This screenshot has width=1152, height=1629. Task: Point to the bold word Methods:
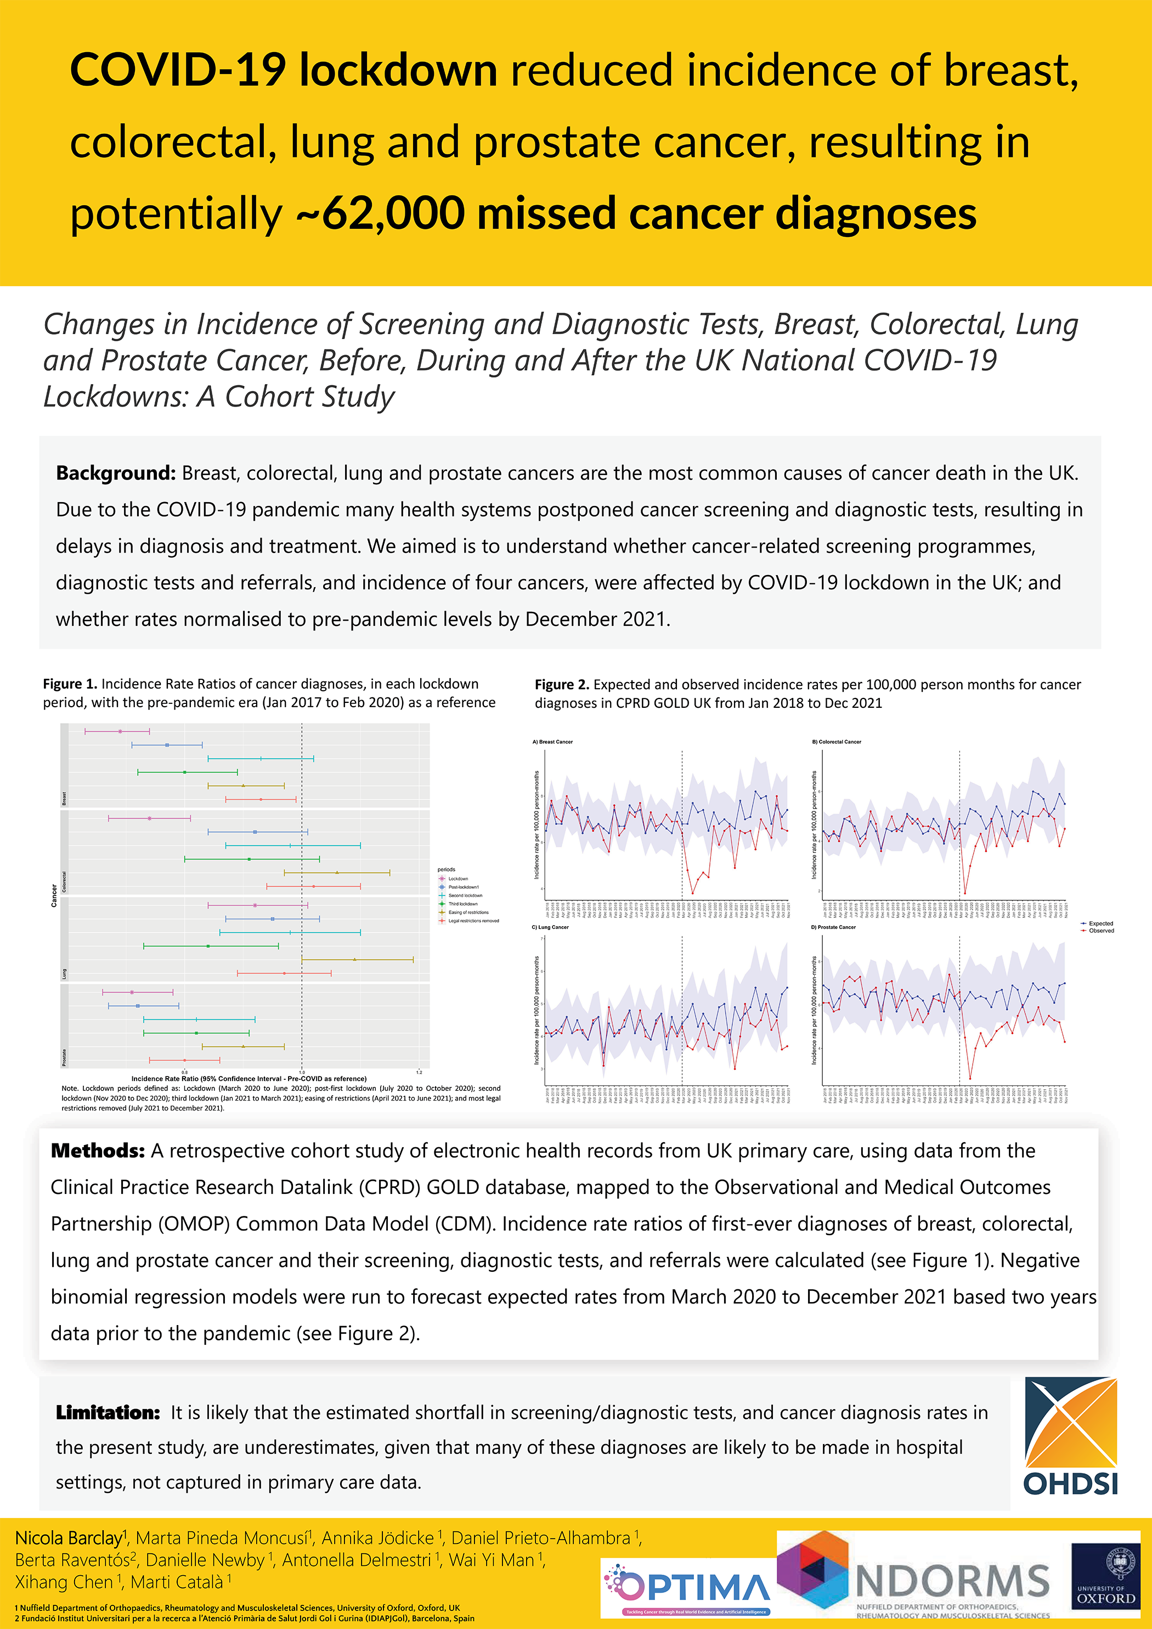click(98, 1151)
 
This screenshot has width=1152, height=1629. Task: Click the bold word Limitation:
click(108, 1413)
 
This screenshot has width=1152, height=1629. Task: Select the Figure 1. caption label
click(70, 684)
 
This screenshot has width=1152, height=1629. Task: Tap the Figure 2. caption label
click(562, 685)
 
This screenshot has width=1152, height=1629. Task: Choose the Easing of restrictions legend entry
click(467, 912)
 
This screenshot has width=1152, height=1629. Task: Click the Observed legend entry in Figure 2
click(1101, 930)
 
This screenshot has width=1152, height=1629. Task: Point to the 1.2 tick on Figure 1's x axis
click(419, 1072)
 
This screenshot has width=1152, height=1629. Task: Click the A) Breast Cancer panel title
click(552, 741)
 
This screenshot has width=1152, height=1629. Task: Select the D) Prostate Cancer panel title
click(833, 927)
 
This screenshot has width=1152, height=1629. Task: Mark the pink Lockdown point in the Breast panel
click(120, 731)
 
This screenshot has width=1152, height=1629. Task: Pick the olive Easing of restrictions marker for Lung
click(355, 959)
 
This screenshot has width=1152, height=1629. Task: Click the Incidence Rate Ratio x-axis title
click(249, 1079)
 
